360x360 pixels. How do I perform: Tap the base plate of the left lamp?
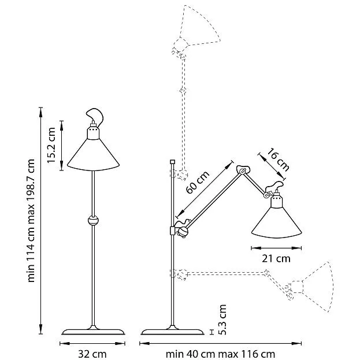[92, 331]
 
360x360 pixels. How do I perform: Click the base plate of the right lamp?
[173, 331]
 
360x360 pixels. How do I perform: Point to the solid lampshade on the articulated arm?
[277, 222]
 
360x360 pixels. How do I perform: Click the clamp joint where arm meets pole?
[181, 230]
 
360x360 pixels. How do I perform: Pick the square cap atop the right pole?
[172, 161]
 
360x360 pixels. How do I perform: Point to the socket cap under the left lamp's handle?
[92, 133]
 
